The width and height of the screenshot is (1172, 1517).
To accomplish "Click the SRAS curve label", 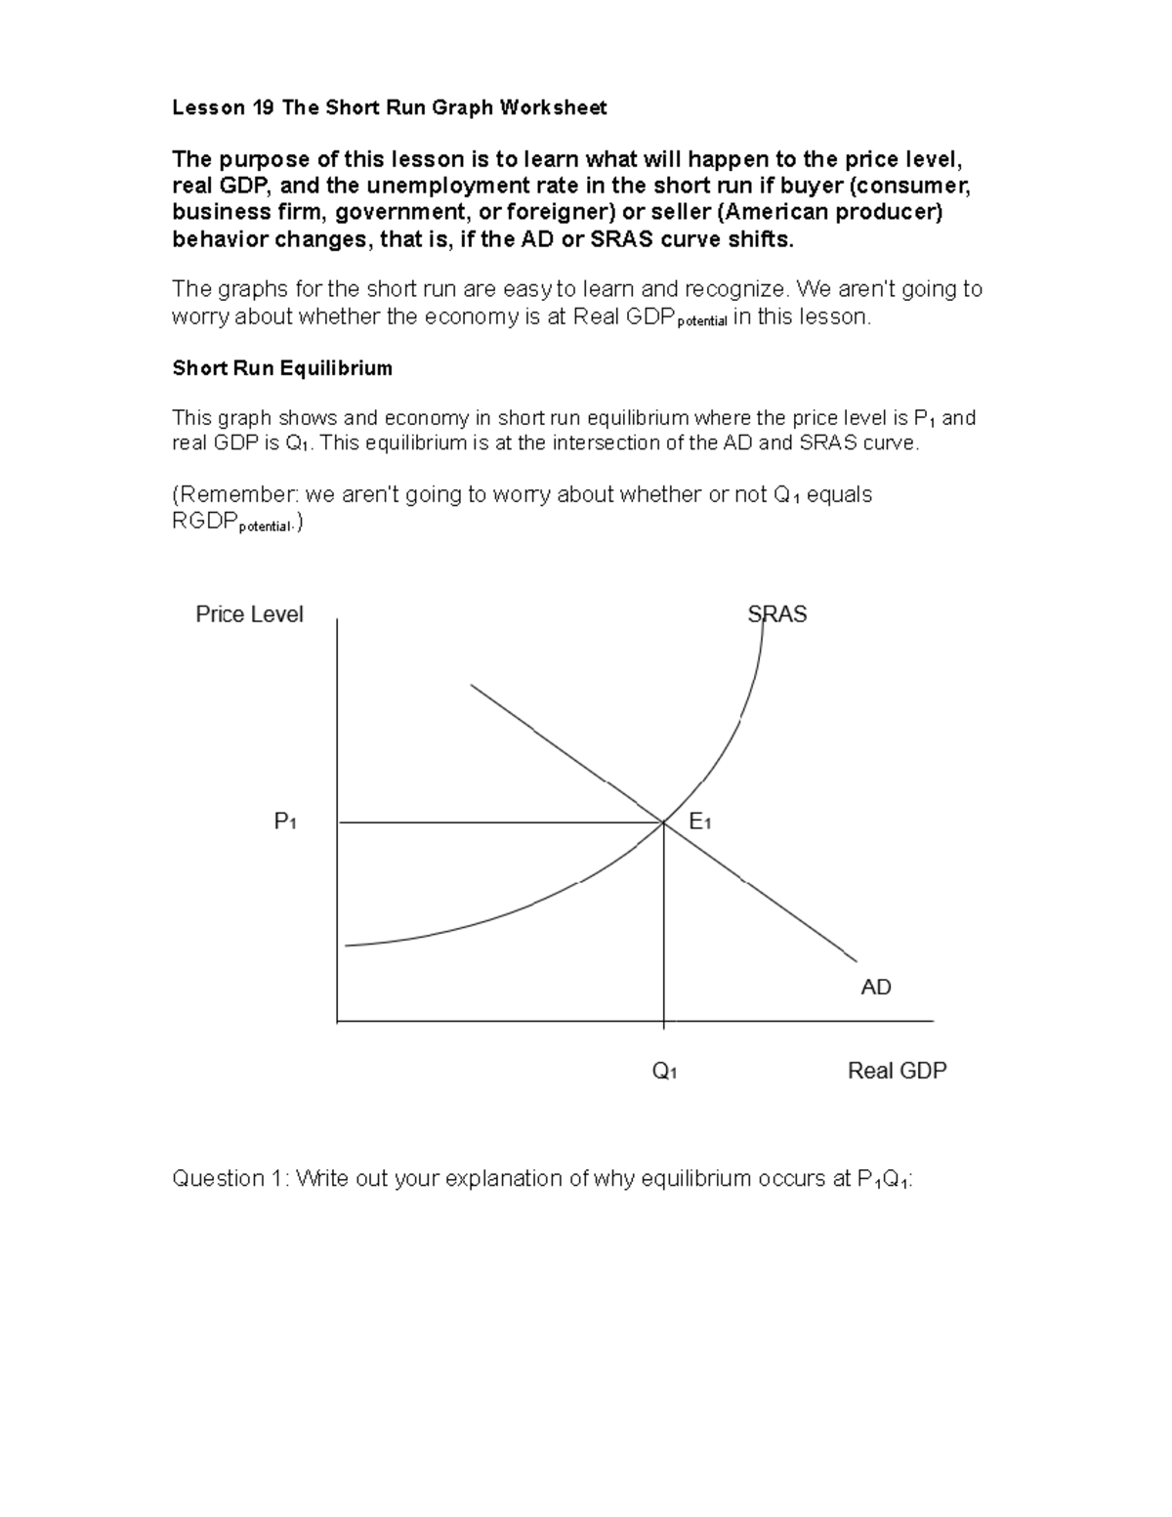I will click(776, 614).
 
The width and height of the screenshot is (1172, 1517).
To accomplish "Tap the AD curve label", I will click(875, 988).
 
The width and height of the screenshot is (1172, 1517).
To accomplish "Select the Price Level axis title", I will click(249, 614).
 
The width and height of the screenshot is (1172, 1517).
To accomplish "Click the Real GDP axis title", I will click(897, 1071).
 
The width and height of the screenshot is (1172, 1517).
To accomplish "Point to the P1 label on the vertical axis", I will click(285, 822).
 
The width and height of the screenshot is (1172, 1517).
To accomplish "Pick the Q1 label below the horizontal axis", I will click(665, 1072).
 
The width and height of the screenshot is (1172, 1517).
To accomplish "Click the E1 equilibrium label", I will click(699, 822).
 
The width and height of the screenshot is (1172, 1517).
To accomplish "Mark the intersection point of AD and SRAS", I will click(664, 822).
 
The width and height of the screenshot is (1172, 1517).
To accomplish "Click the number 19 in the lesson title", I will click(262, 108).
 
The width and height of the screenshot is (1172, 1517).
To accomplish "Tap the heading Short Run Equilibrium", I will click(282, 368).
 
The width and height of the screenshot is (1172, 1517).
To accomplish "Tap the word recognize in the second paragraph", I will click(734, 289).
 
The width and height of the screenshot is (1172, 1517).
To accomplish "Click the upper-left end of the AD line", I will click(472, 685).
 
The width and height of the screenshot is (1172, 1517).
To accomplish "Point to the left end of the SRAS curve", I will click(348, 945).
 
